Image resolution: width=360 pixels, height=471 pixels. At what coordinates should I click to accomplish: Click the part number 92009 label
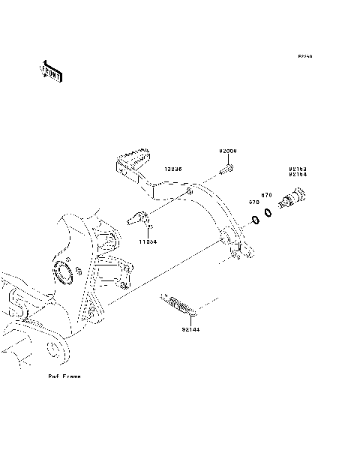[228, 151]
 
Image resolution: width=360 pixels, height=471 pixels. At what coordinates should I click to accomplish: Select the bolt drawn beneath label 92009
[224, 171]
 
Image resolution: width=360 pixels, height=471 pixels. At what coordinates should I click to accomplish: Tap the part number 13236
[174, 170]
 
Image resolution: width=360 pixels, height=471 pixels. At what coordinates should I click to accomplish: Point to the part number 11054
[147, 241]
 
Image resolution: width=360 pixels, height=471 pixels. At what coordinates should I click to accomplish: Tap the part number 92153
[298, 169]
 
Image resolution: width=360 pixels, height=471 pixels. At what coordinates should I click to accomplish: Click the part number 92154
[298, 175]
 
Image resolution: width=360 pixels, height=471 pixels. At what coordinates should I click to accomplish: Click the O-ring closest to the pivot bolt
[267, 214]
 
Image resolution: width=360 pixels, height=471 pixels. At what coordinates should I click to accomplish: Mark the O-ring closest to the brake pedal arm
[255, 220]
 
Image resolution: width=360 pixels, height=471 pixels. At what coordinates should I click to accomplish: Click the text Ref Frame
[64, 376]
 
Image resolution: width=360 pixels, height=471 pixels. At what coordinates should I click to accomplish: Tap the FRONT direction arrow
[51, 71]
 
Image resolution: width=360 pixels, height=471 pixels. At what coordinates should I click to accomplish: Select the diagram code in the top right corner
[304, 56]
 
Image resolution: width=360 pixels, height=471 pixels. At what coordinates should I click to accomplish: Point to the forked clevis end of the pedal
[239, 253]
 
